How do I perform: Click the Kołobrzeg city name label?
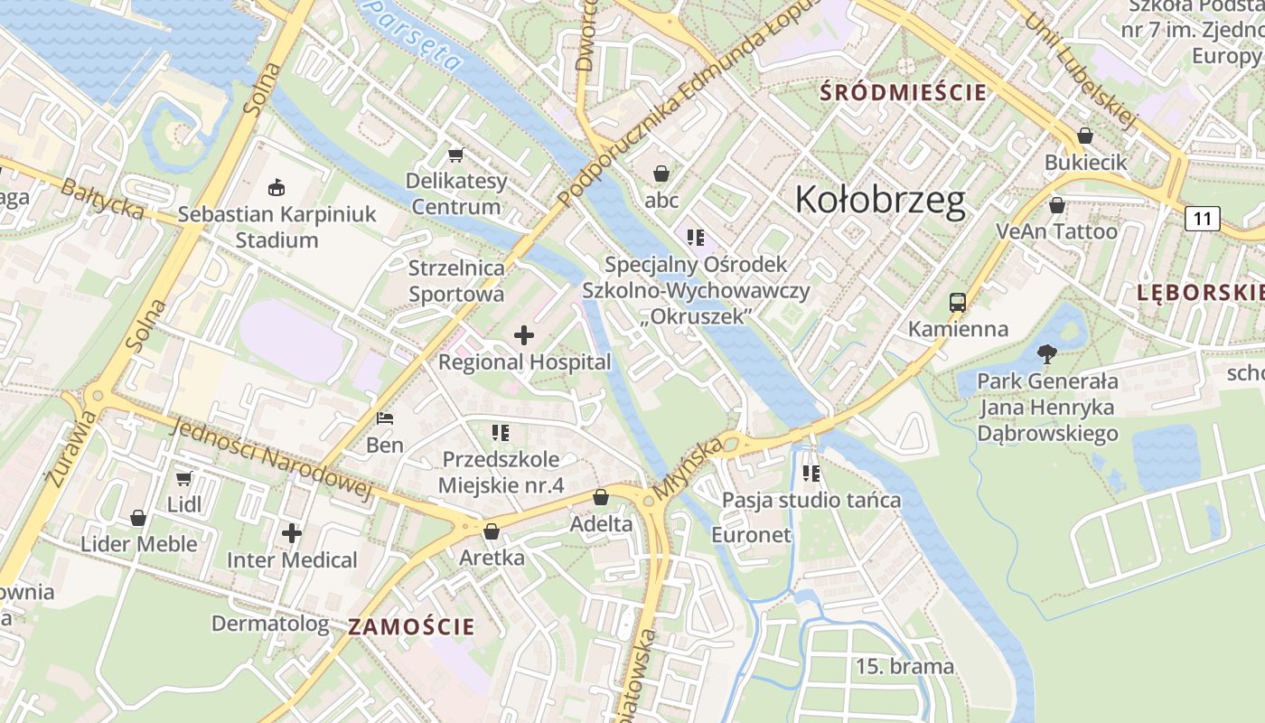click(x=880, y=200)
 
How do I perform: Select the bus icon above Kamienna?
click(x=958, y=302)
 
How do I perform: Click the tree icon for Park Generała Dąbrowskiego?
click(x=1047, y=353)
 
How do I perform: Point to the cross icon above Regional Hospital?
click(x=523, y=336)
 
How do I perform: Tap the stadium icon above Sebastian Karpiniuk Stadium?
click(x=276, y=188)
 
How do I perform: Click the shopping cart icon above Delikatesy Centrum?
click(x=455, y=155)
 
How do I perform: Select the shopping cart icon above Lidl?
click(x=184, y=478)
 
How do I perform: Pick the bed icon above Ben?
click(x=385, y=418)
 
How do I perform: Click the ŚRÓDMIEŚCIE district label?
click(x=903, y=92)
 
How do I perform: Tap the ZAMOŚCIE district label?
click(x=411, y=626)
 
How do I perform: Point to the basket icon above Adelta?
click(x=600, y=497)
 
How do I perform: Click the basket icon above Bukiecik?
click(x=1085, y=136)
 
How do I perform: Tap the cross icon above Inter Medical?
click(x=291, y=533)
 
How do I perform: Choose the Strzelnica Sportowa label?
click(x=456, y=280)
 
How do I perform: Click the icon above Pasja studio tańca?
click(x=811, y=473)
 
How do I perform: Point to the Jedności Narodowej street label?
click(x=270, y=459)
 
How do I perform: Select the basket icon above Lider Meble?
click(x=138, y=518)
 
